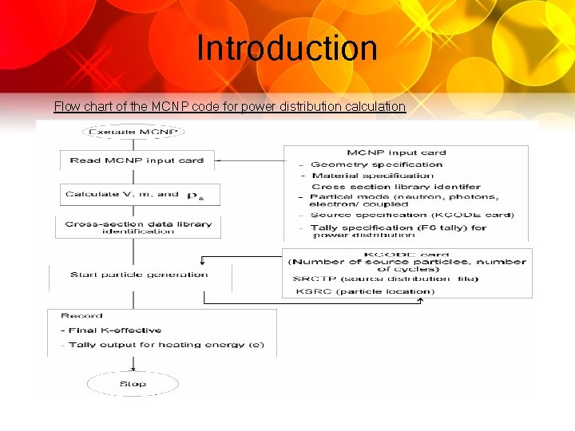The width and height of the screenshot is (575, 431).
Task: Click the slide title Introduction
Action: point(287,48)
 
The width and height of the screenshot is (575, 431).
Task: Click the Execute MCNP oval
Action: point(133,132)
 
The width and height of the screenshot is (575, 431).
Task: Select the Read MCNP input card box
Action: point(137,160)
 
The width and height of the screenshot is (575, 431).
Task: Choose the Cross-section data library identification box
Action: point(138,227)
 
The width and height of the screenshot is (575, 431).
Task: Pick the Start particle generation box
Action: point(139,275)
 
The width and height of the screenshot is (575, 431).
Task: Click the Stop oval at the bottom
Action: point(133,384)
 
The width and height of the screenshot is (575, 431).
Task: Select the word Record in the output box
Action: point(81,316)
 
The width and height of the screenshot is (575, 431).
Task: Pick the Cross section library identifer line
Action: point(396,187)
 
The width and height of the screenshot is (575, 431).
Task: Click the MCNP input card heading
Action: point(396,152)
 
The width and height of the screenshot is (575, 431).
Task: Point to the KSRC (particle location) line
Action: point(364,291)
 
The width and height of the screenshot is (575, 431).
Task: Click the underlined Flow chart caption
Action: point(229,106)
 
